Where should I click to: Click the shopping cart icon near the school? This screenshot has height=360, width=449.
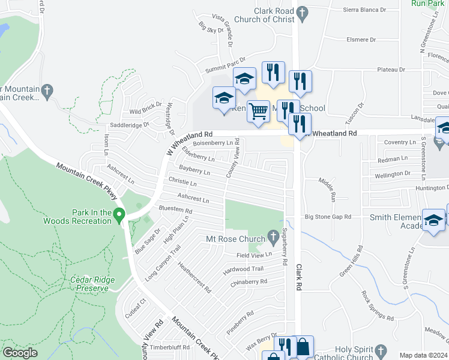tap(258, 111)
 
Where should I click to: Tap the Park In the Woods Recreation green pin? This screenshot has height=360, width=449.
tap(119, 214)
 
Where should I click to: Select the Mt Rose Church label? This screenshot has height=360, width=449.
tap(235, 239)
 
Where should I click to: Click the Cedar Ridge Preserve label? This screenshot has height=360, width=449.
tap(89, 283)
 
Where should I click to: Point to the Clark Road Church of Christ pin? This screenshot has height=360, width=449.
tap(303, 11)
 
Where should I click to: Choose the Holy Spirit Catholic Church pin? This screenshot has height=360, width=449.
tap(379, 350)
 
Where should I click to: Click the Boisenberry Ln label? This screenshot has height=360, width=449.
tap(212, 143)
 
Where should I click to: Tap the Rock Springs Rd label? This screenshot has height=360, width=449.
tap(377, 305)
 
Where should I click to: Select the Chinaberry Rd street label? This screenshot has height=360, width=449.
tap(249, 281)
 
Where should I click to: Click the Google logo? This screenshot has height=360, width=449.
tap(20, 353)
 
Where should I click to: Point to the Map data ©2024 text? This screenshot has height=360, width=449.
tap(423, 355)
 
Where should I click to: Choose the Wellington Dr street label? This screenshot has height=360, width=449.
tap(396, 173)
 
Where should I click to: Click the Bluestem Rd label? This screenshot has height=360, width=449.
tap(175, 211)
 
